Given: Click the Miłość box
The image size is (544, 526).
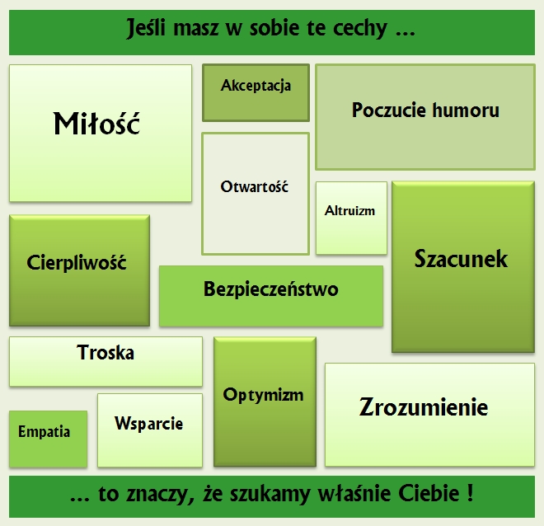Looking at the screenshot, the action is point(101,133).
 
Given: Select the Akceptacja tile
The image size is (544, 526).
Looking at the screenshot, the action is point(256,92).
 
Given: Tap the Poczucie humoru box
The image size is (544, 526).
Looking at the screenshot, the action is point(425,117).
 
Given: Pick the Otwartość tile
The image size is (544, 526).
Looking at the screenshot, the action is point(256,194).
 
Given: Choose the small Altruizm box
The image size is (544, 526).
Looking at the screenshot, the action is point(351,218).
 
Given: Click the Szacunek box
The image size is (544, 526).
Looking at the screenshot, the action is point(463,267).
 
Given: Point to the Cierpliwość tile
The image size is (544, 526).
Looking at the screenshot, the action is point(79,270).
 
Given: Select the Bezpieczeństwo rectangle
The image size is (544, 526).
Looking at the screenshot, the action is point(271,296).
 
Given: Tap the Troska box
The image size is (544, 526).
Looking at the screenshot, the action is point(106,361).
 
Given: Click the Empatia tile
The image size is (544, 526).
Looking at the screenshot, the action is point(49,439).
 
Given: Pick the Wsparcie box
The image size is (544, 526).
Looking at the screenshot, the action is point(150,430).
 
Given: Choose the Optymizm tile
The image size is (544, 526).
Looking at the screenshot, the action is point(265,402).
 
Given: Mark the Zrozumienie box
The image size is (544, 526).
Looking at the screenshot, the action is point(429,415).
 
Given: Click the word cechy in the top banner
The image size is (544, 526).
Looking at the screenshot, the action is point(359,29).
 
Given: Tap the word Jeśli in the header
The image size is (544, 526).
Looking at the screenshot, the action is point(146,28).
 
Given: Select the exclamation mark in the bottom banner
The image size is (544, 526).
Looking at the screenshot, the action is point(470,493).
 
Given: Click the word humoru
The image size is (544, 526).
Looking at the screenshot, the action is point(466,110).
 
